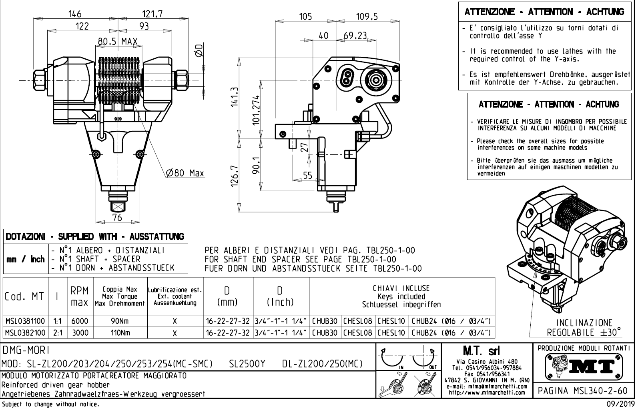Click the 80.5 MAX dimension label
pyautogui.click(x=118, y=41)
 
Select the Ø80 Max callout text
pyautogui.click(x=185, y=173)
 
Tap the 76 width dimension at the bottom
pyautogui.click(x=117, y=217)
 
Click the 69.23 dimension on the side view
pyautogui.click(x=355, y=36)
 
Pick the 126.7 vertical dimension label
pyautogui.click(x=235, y=176)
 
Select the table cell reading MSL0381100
pyautogui.click(x=25, y=321)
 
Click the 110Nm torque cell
pyautogui.click(x=120, y=333)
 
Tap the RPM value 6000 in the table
pyautogui.click(x=80, y=321)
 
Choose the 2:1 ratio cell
pyautogui.click(x=58, y=333)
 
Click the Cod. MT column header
pyautogui.click(x=24, y=297)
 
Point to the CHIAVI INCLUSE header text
pyautogui.click(x=401, y=288)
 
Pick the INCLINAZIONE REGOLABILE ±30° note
pyautogui.click(x=584, y=328)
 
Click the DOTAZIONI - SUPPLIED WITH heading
pyautogui.click(x=95, y=236)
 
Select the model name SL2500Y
pyautogui.click(x=247, y=364)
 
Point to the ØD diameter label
pyautogui.click(x=199, y=50)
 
